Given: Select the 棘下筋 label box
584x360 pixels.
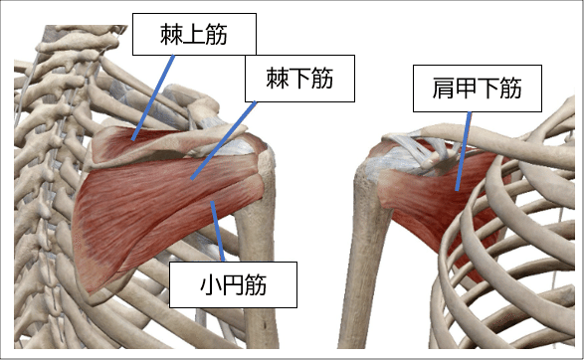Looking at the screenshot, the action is pyautogui.click(x=299, y=79).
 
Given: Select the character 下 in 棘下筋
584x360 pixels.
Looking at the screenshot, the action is pyautogui.click(x=299, y=79).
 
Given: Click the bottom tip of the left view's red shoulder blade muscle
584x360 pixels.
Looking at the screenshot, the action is pyautogui.click(x=92, y=288).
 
